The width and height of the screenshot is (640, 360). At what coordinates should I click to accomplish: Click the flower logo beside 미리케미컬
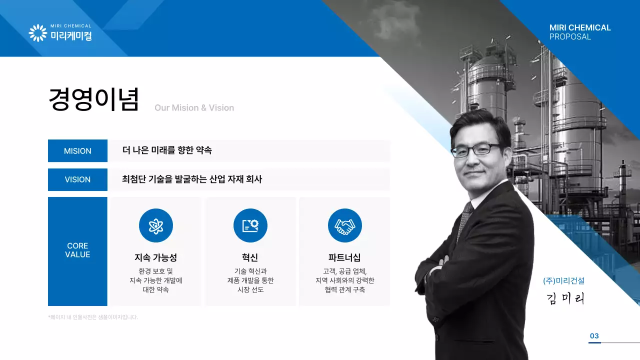(x=38, y=33)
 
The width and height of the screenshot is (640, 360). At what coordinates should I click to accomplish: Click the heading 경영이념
(x=93, y=99)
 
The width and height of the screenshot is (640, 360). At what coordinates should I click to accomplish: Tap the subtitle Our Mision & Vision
(x=194, y=108)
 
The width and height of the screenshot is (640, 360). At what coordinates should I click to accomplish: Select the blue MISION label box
(x=77, y=151)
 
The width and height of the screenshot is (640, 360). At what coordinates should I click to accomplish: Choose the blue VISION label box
(x=77, y=179)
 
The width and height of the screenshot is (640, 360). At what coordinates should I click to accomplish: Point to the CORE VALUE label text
(x=77, y=250)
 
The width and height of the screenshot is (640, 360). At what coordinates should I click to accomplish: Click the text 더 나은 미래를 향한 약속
(x=167, y=150)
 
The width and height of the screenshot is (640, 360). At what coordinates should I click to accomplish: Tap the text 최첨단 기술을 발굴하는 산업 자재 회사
(x=192, y=179)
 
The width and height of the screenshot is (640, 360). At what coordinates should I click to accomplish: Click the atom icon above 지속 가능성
(x=156, y=225)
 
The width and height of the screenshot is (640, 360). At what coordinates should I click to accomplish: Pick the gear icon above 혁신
(x=250, y=225)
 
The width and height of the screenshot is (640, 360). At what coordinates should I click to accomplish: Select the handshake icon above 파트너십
(x=344, y=225)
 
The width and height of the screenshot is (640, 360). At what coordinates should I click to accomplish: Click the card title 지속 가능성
(x=155, y=258)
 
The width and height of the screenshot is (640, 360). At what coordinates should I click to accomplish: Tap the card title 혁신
(x=250, y=258)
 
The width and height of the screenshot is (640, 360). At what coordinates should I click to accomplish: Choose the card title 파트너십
(x=344, y=258)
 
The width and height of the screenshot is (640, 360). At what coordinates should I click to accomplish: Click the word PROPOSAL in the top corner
(x=570, y=37)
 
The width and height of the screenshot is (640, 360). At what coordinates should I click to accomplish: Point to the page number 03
(x=594, y=336)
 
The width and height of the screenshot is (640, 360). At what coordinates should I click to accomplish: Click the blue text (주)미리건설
(x=563, y=281)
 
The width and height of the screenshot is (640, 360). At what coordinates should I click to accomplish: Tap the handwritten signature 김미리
(x=565, y=298)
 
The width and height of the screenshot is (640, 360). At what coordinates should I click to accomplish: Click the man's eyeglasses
(x=476, y=149)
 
